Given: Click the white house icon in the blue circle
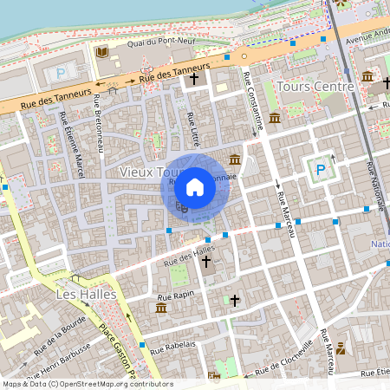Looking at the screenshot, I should click(x=195, y=186).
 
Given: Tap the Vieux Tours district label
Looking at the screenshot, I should click(x=139, y=172).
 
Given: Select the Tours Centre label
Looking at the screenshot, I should click(x=315, y=87).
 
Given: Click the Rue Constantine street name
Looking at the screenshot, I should click(x=250, y=102).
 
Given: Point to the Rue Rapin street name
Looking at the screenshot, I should click(x=174, y=296).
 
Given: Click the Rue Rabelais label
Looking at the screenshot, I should click(x=173, y=346).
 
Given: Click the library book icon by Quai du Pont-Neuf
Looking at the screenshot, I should click(x=102, y=53).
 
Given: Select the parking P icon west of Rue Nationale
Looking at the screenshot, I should click(x=320, y=170).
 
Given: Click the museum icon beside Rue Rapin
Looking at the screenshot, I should click(x=161, y=308).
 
